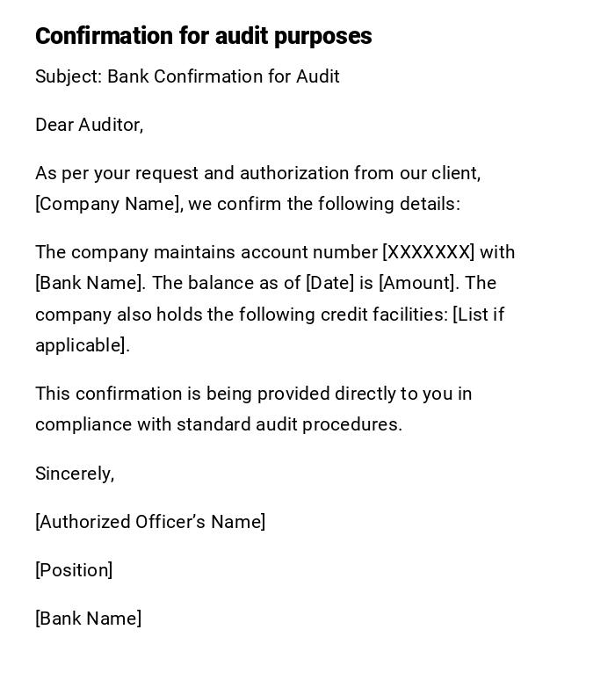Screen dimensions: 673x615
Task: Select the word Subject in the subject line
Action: [x=67, y=76]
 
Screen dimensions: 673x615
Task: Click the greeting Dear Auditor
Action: [x=89, y=125]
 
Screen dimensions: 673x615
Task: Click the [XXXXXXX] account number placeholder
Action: [x=428, y=252]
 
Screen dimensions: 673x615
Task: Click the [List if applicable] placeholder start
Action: [x=478, y=315]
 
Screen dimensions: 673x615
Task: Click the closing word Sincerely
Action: [x=74, y=474]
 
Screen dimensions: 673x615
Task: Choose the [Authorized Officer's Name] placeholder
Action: [x=150, y=522]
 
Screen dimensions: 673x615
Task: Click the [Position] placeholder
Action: [x=74, y=570]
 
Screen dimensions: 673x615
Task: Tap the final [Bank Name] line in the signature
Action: [x=88, y=619]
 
